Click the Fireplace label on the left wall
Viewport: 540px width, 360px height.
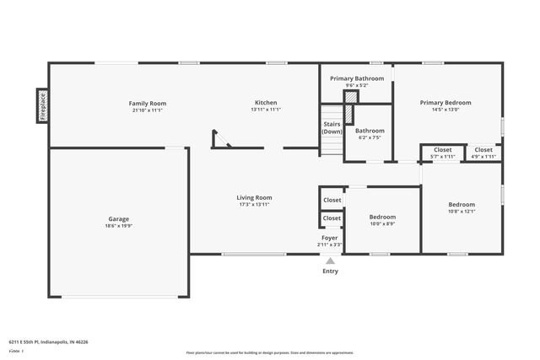pyautogui.click(x=41, y=106)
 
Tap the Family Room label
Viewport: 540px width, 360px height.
pyautogui.click(x=147, y=104)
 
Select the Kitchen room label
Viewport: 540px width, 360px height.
pyautogui.click(x=265, y=104)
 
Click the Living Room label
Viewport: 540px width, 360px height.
pyautogui.click(x=254, y=198)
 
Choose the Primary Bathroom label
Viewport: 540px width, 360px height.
pyautogui.click(x=357, y=78)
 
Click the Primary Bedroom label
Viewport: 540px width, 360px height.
pyautogui.click(x=445, y=103)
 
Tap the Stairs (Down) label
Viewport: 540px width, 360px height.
pyautogui.click(x=332, y=128)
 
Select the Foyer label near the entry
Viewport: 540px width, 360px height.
pyautogui.click(x=330, y=239)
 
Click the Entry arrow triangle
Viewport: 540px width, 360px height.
pyautogui.click(x=331, y=261)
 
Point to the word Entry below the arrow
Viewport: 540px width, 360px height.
pyautogui.click(x=331, y=271)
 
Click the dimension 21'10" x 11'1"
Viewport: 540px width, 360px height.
pyautogui.click(x=147, y=110)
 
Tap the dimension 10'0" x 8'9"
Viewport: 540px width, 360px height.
pyautogui.click(x=382, y=224)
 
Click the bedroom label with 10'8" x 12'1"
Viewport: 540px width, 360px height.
pyautogui.click(x=462, y=205)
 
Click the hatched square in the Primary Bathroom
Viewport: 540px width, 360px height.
pyautogui.click(x=351, y=96)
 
